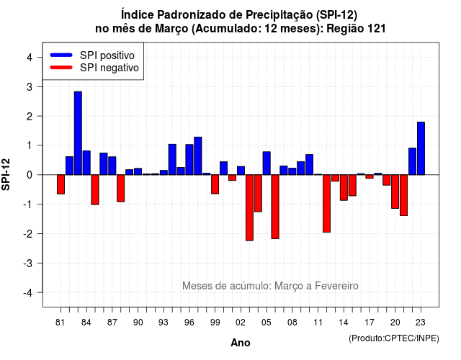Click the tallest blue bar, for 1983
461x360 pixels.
tap(78, 133)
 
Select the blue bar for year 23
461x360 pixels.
tap(421, 148)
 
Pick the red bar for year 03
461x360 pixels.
tap(249, 208)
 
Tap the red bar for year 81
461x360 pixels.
tap(61, 184)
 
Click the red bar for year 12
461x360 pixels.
tap(326, 203)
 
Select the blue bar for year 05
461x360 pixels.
tap(267, 163)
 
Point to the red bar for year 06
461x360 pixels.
tap(275, 207)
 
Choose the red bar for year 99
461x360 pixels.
tap(215, 184)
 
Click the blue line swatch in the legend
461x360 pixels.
tap(61, 55)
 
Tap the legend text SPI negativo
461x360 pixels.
tap(109, 68)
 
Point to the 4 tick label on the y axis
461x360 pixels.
tap(29, 58)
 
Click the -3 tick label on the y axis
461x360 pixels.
tap(28, 263)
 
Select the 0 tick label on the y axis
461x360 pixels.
tap(29, 175)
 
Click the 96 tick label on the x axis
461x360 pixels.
tap(189, 323)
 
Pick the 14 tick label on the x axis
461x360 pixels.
tap(344, 323)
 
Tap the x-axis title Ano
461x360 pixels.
tap(241, 343)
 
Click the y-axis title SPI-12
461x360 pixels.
tap(6, 174)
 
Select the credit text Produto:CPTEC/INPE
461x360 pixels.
tap(394, 338)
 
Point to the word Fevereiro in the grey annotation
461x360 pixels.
tap(336, 286)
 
